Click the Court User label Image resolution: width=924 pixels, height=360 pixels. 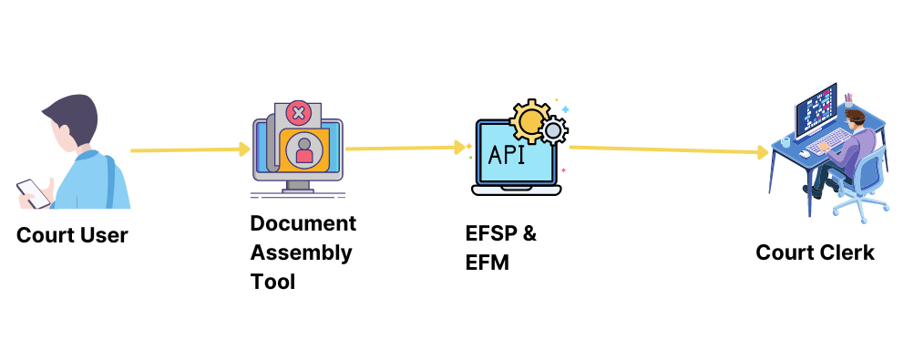coord(72,235)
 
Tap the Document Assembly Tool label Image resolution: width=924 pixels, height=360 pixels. coord(303,252)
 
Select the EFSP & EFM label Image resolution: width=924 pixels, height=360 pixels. coord(500,248)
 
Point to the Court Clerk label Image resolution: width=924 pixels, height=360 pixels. coord(815,252)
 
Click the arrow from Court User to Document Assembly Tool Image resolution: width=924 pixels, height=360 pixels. coord(190,149)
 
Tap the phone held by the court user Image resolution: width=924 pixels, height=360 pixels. coord(32,191)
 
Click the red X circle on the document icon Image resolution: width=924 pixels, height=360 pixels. coord(297,114)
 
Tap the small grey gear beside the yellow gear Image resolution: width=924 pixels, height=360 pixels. coord(553,133)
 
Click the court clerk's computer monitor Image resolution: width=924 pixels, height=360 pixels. coord(816,109)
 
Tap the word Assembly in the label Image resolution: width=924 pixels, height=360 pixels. coord(301,252)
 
